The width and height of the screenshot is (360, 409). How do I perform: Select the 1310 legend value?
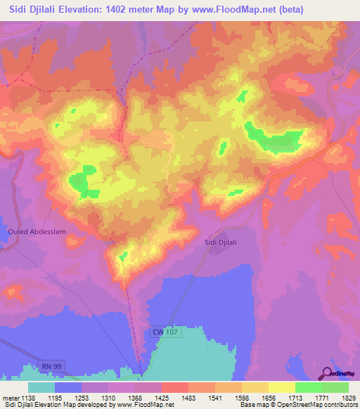click(x=108, y=398)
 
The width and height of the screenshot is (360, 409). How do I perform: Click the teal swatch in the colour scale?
click(x=41, y=387)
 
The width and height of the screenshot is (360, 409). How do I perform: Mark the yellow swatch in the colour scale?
click(x=281, y=387)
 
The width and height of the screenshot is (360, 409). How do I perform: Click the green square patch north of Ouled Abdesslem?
click(x=84, y=179)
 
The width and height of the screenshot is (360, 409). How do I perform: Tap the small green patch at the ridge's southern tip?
click(x=124, y=256)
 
